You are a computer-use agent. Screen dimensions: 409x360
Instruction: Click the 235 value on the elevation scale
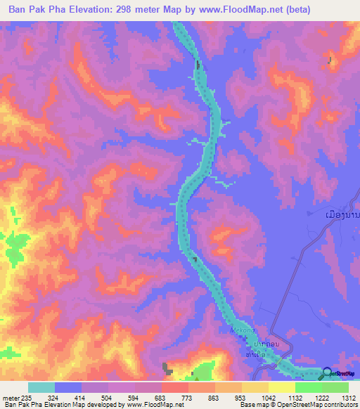(26, 398)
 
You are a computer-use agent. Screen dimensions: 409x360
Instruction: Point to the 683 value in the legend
(160, 398)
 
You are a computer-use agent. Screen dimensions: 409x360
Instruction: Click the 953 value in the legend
(240, 398)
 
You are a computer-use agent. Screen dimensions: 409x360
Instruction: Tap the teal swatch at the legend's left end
(41, 387)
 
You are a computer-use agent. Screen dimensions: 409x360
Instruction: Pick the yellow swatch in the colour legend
(281, 387)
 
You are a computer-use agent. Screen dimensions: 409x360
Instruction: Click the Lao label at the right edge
(337, 213)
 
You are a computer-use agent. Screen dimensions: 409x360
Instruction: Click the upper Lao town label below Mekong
(257, 344)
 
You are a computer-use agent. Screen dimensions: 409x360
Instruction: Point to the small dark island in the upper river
(198, 66)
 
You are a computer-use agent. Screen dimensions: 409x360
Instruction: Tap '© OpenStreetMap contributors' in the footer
(316, 405)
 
